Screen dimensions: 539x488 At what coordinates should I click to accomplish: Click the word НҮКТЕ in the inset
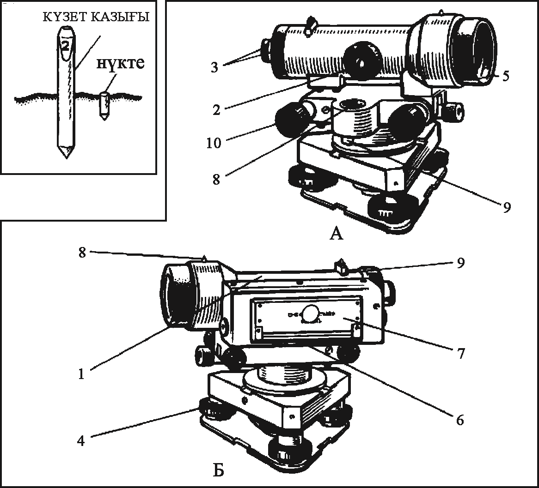(120, 64)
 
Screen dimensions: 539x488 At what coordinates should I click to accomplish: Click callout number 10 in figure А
(214, 143)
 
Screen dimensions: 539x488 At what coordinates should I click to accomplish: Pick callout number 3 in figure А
(214, 67)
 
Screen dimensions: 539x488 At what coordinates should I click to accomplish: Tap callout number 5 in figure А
(505, 76)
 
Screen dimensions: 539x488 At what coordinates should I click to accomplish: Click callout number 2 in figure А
(216, 110)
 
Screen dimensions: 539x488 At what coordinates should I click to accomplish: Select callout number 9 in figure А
(507, 207)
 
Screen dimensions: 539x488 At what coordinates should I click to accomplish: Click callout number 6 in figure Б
(460, 420)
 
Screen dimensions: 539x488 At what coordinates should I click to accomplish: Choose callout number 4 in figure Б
(81, 440)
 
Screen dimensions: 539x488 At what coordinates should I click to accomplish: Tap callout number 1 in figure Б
(81, 374)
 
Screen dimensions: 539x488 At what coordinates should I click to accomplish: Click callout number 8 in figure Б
(82, 253)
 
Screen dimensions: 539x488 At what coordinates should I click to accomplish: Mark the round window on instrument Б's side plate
(309, 313)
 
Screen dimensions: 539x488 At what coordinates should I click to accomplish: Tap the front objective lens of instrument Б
(175, 295)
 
